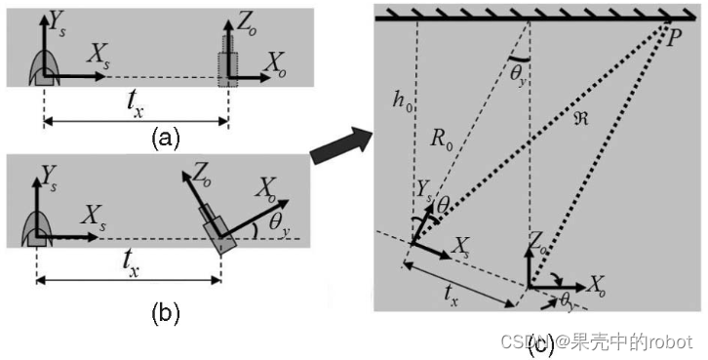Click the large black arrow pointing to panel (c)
[x=340, y=145]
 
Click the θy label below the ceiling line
[x=520, y=73]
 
